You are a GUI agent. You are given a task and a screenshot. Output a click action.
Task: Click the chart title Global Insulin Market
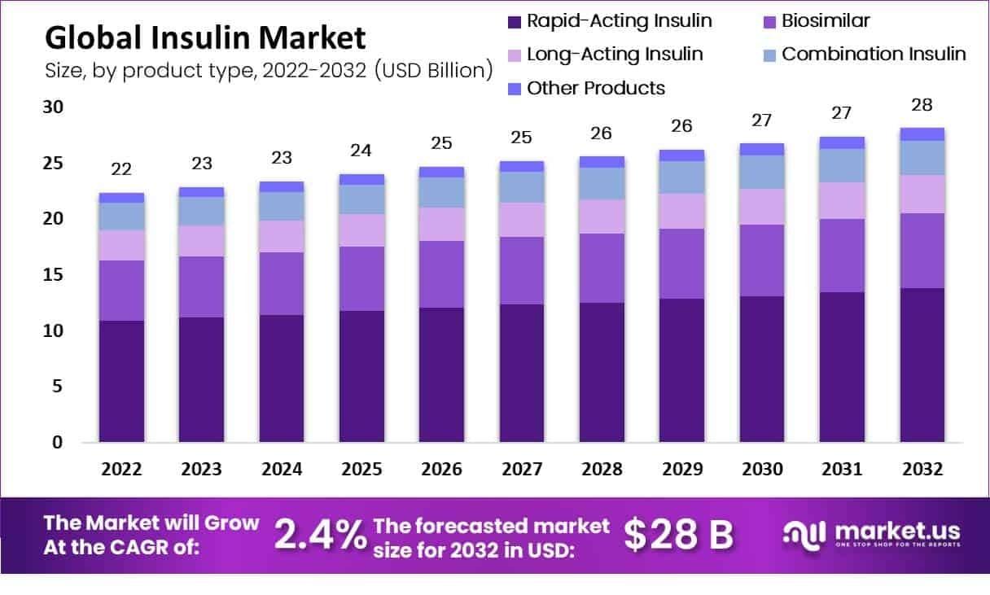(x=205, y=37)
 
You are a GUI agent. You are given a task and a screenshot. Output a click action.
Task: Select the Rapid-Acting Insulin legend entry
(x=608, y=21)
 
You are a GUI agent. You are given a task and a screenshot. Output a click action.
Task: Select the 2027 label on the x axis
(x=521, y=470)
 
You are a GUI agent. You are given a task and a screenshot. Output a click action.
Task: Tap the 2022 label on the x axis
(x=121, y=470)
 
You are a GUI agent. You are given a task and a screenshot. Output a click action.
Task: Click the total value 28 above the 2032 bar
(x=922, y=105)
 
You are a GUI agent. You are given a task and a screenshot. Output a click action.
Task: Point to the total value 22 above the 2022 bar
(x=121, y=170)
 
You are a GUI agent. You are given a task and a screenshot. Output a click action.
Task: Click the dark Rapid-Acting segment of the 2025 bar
(x=361, y=376)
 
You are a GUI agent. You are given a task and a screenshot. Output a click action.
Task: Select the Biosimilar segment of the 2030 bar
(x=761, y=260)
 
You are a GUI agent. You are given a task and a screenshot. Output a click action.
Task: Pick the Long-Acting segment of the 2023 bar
(x=201, y=241)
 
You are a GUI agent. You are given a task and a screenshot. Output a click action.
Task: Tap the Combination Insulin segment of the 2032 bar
(x=922, y=158)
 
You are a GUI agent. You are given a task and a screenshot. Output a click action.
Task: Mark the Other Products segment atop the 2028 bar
(x=602, y=162)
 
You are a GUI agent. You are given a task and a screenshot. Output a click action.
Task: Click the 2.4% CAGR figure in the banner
(x=319, y=535)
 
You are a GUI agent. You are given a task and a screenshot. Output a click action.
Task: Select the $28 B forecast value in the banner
(x=678, y=535)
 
